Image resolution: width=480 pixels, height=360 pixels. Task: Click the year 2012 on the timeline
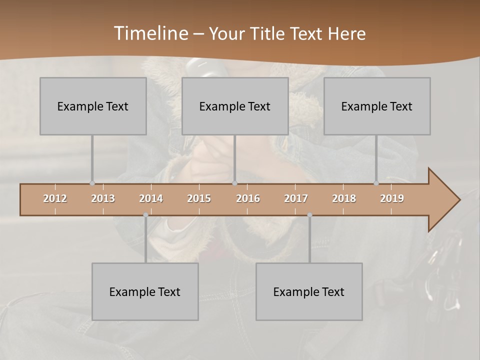coord(55,198)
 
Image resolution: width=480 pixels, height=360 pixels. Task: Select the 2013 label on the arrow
coord(103,198)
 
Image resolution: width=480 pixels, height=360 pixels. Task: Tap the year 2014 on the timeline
coord(151,198)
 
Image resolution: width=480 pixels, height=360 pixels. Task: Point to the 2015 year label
coord(199,198)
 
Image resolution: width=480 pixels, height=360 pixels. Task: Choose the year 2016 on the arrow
coord(248,198)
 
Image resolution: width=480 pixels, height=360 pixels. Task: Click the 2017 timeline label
coord(296,198)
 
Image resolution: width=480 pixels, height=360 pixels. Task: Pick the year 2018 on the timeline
coord(344,198)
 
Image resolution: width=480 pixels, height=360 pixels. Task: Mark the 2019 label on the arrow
coord(392,198)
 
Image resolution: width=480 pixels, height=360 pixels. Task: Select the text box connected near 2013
coord(93,106)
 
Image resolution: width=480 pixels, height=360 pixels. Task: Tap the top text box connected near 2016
coord(235,106)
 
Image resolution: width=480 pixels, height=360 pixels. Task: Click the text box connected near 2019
coord(377,106)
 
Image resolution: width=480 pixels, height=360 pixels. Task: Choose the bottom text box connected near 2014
coord(145,291)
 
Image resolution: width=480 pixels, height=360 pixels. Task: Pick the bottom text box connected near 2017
coord(309,291)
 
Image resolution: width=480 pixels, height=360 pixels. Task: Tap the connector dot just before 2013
coord(92,183)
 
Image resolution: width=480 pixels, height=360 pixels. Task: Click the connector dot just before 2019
coord(376,183)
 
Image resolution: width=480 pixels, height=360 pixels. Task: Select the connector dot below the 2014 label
coord(145,215)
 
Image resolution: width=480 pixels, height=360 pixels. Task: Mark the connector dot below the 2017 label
coord(309,215)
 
